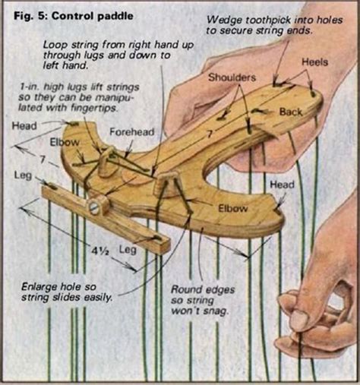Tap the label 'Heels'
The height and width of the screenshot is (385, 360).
tap(314, 61)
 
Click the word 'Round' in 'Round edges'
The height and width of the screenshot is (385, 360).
tap(187, 289)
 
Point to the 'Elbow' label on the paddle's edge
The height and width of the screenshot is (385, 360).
tap(231, 207)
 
